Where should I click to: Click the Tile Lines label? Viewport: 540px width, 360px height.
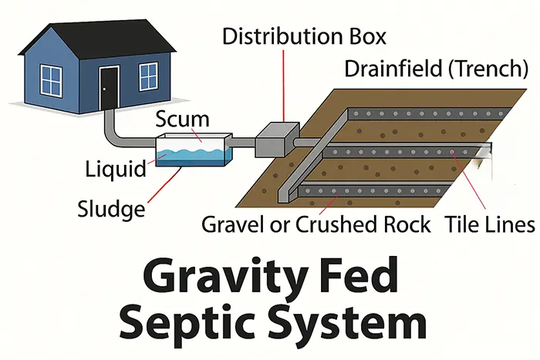tap(490, 226)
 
